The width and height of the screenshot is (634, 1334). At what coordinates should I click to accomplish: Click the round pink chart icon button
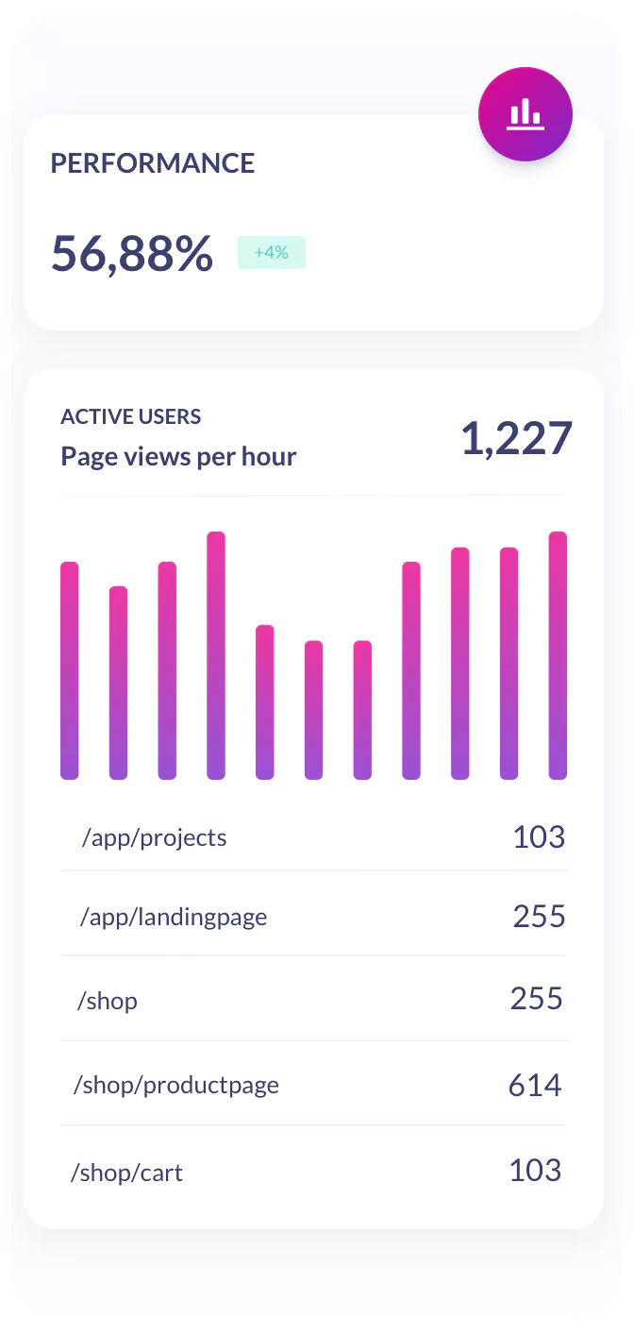coord(525,114)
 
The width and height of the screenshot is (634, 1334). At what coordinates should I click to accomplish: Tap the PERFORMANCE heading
coord(153,163)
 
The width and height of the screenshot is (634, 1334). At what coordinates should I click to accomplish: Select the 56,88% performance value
coord(132,253)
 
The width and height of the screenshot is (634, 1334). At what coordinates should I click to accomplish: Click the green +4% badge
coord(271,253)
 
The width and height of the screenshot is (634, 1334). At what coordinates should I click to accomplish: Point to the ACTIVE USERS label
coord(131,416)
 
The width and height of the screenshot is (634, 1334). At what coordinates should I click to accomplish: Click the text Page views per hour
coord(178,457)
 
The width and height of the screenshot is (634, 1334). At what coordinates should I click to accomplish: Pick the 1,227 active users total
coord(516,439)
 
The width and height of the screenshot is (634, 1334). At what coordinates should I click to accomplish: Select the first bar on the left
coord(70,670)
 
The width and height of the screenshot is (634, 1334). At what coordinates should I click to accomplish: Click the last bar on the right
coord(558,655)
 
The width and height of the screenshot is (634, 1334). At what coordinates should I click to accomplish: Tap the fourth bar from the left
coord(216,655)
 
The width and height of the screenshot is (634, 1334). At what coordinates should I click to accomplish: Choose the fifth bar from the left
coord(265,702)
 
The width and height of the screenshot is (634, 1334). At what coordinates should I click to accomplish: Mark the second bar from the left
coord(118,683)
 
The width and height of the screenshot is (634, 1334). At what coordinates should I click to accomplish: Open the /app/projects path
coord(155,838)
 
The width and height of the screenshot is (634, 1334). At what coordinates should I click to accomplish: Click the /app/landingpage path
coord(175,917)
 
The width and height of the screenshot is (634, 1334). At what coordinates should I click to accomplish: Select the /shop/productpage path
coord(176,1085)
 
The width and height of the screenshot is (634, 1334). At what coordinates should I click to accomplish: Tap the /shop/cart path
coord(127,1173)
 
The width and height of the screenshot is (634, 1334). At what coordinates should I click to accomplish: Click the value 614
coord(535,1086)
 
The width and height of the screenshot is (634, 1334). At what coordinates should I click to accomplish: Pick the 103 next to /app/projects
coord(539,837)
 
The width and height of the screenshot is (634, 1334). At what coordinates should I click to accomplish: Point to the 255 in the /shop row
coord(537,999)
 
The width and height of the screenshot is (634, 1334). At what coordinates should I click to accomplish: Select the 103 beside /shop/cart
coord(535,1171)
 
